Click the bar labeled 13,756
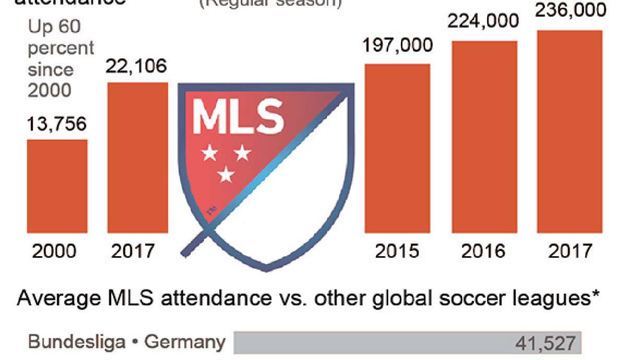click(x=57, y=186)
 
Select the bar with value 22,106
click(x=138, y=157)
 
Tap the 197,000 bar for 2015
click(x=397, y=148)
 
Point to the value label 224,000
click(x=484, y=21)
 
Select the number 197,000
click(x=398, y=45)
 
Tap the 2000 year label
click(x=54, y=251)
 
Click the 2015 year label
click(x=397, y=251)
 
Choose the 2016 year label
click(x=483, y=251)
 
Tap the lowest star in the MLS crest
click(x=226, y=175)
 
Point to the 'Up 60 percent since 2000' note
click(x=60, y=59)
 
